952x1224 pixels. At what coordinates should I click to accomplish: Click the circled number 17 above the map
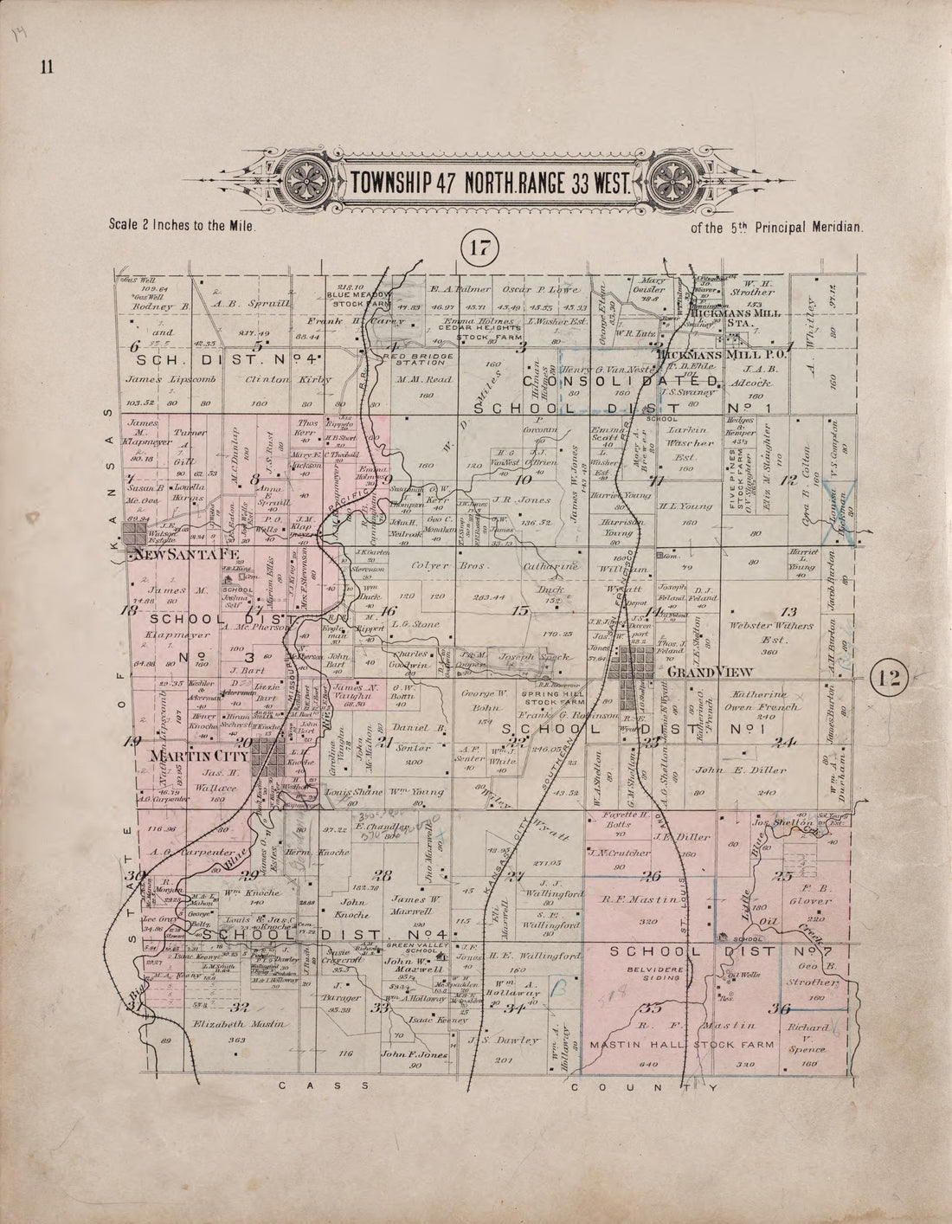tap(480, 248)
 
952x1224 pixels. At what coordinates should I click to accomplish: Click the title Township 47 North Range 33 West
tap(492, 184)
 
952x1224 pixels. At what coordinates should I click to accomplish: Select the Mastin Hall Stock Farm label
tap(662, 1044)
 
